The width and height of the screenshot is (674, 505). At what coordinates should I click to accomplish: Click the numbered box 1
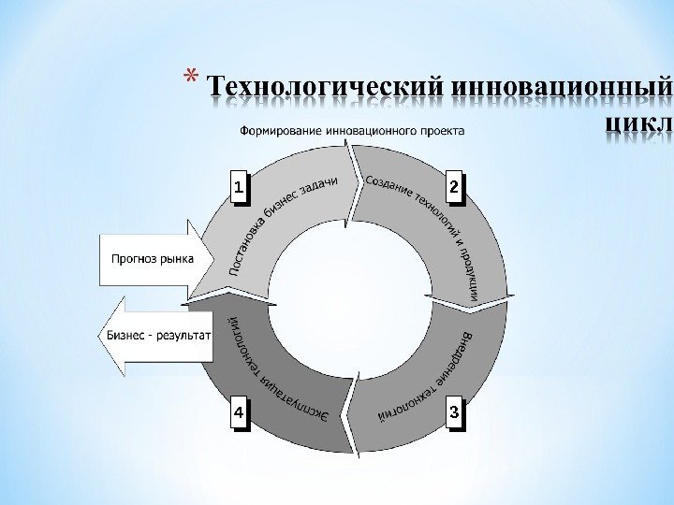(x=240, y=188)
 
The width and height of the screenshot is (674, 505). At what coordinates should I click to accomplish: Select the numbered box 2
(x=454, y=188)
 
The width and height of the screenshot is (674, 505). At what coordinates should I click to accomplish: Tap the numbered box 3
(x=454, y=411)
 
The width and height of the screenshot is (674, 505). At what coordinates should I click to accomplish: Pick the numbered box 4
(x=240, y=411)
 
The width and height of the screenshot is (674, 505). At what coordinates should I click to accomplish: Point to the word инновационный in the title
(x=561, y=89)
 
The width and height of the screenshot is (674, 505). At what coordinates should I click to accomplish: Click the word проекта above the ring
(x=440, y=131)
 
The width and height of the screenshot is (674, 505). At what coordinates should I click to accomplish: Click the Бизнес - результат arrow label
(x=159, y=335)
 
